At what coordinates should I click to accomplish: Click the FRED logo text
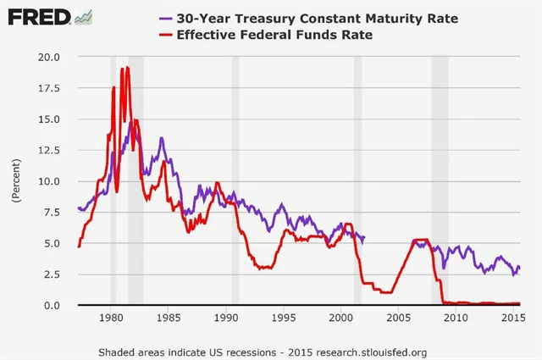click(36, 17)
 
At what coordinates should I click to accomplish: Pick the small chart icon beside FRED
click(83, 16)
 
